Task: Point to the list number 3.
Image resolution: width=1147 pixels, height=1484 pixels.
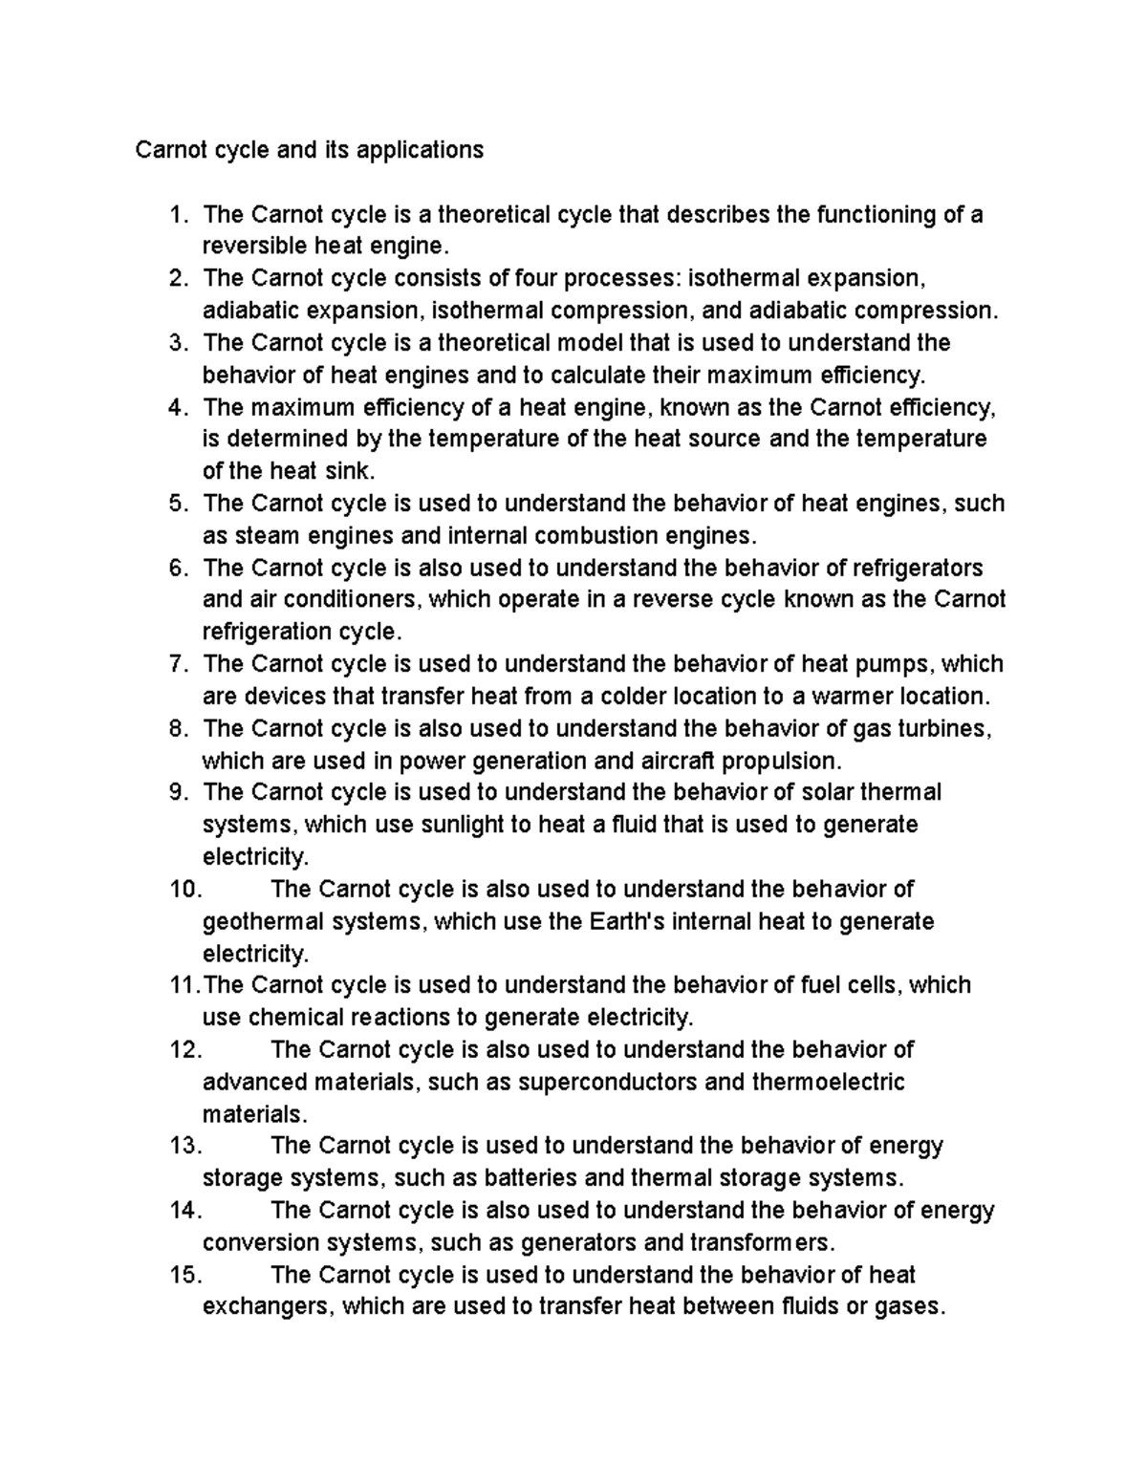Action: pos(178,342)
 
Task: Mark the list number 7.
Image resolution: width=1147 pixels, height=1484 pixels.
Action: pos(178,663)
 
